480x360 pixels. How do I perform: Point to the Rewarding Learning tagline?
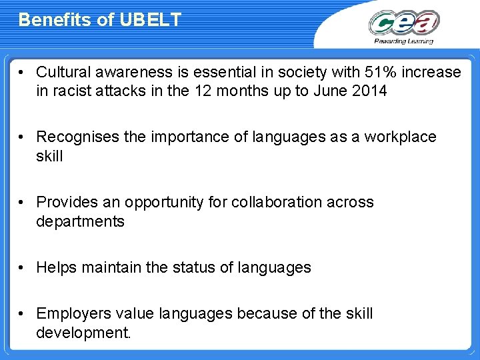pos(403,41)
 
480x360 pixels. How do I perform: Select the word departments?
pos(80,221)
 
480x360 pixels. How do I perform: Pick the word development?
pos(83,332)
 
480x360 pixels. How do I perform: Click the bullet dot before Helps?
pos(23,267)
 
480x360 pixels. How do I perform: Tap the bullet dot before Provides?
pos(23,202)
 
